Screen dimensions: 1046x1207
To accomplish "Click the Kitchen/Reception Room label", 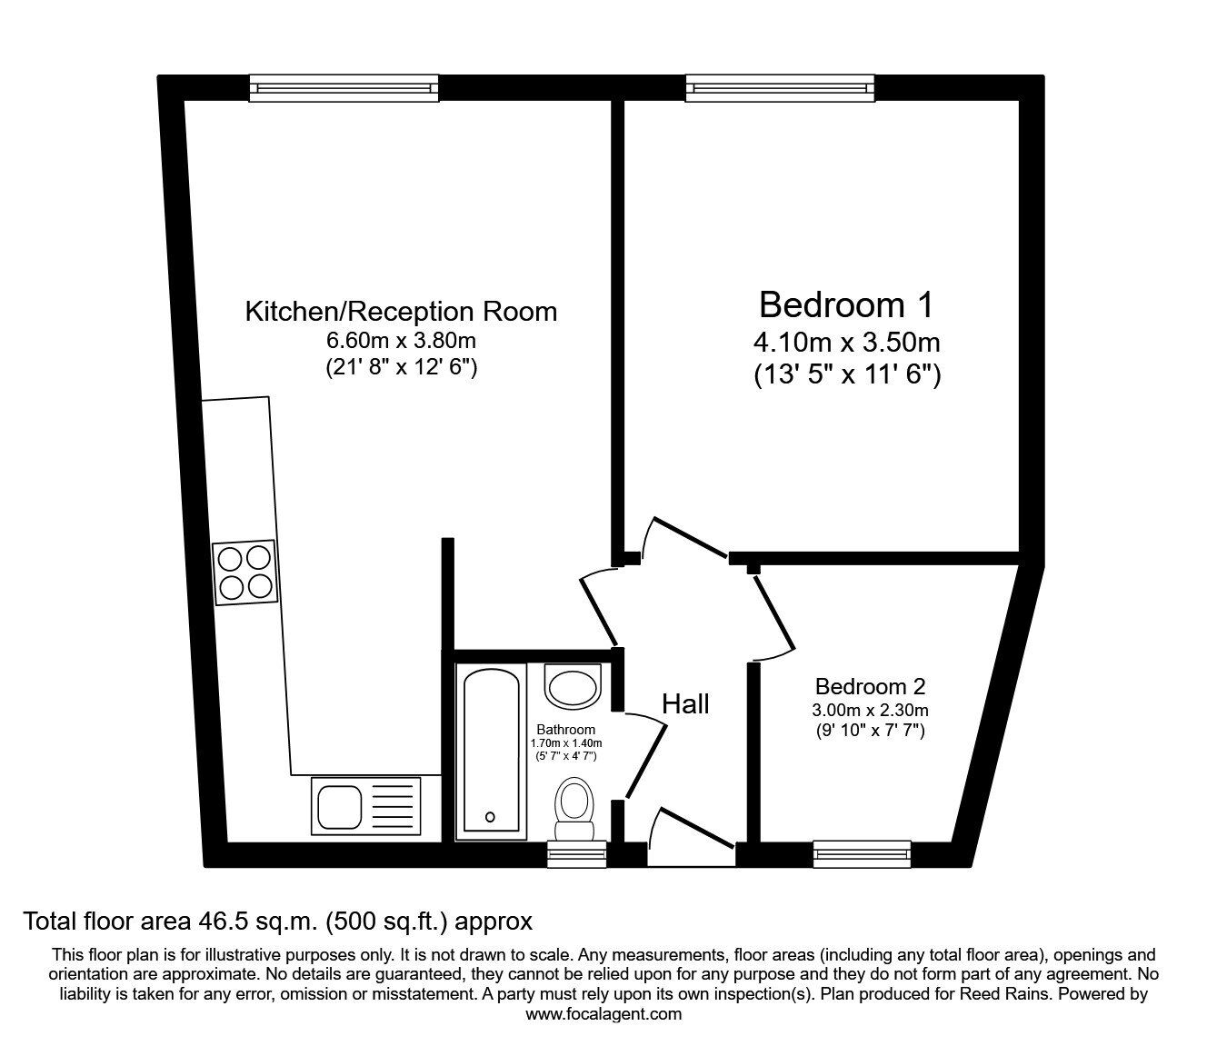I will click(401, 312).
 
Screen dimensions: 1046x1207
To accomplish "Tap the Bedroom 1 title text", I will click(845, 304).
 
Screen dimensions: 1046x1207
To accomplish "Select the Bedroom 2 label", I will click(870, 687).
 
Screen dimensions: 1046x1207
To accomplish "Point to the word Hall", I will click(685, 703).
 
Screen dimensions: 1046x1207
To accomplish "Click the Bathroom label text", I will click(565, 729).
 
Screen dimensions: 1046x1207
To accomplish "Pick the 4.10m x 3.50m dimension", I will click(846, 343).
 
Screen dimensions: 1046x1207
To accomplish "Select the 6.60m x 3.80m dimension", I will click(401, 341).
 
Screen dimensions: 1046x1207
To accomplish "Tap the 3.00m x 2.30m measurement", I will click(870, 710).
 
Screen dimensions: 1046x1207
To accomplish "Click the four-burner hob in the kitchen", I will click(244, 573).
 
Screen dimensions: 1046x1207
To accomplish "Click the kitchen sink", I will click(365, 806).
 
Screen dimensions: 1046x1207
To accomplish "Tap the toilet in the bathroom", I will click(574, 808).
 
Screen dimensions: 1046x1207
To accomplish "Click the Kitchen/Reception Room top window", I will click(344, 87).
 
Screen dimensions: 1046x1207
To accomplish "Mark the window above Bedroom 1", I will click(781, 87).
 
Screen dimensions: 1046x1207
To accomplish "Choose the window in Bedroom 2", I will click(862, 852).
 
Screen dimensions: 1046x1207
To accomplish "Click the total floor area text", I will click(277, 921).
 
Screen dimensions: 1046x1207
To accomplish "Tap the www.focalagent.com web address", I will click(603, 1014).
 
